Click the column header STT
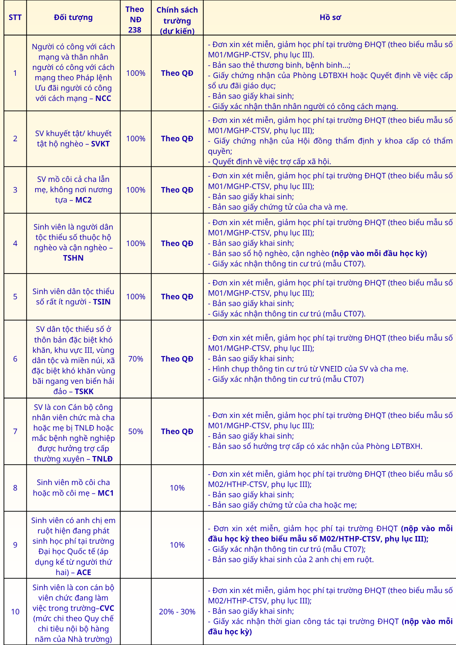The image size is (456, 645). (15, 17)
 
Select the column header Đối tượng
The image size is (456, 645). (73, 17)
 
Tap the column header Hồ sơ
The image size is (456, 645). (330, 17)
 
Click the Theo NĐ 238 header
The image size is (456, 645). (135, 20)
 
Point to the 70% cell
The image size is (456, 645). (135, 359)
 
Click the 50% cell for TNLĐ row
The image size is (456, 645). (135, 432)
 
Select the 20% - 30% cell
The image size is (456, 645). (177, 612)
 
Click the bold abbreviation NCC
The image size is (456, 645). (103, 98)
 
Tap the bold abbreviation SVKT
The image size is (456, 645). (100, 144)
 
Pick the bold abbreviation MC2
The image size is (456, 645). (84, 200)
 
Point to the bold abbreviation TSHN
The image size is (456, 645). (73, 258)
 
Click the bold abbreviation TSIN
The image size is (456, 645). (102, 302)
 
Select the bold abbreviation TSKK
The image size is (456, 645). (84, 392)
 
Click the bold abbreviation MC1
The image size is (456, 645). (106, 493)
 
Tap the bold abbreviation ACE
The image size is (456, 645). (84, 572)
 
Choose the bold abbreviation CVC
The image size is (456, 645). (107, 608)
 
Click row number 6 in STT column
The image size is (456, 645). (15, 359)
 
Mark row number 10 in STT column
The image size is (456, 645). (15, 612)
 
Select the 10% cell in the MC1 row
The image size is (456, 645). (177, 488)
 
